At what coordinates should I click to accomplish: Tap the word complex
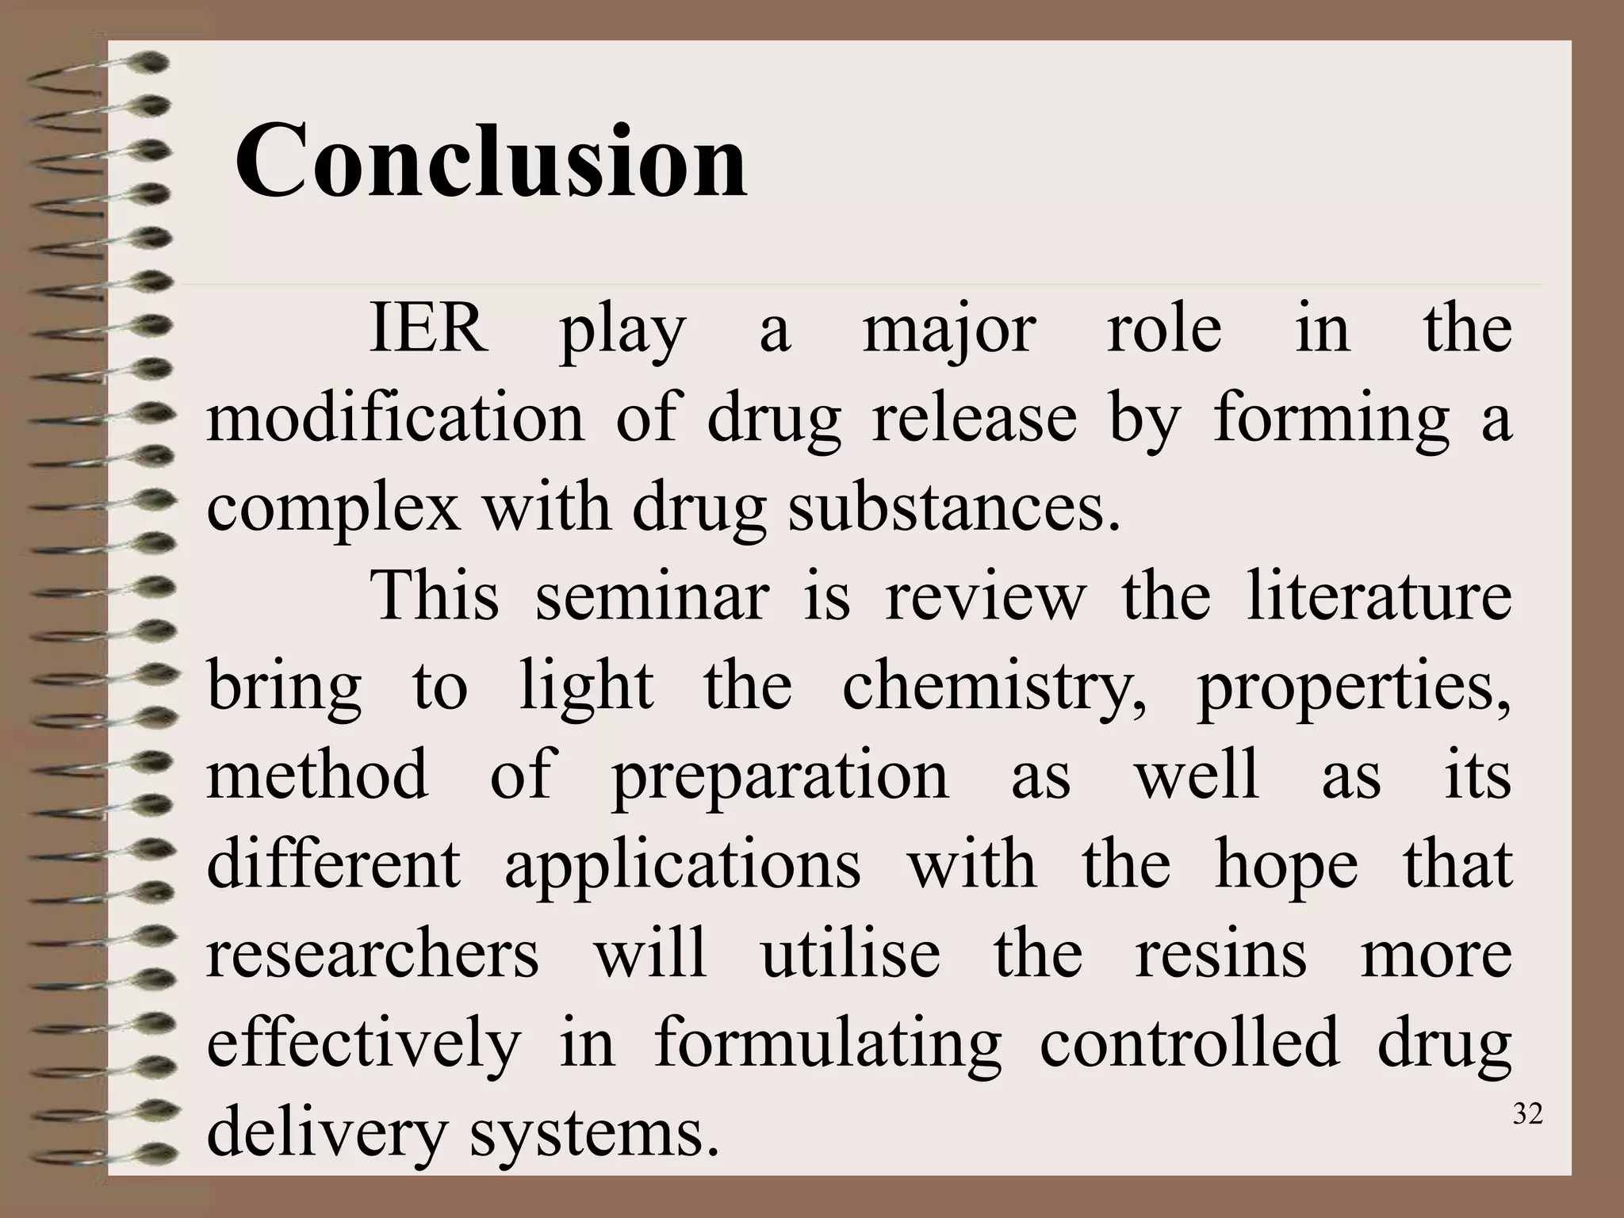click(333, 510)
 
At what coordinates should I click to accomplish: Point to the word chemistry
click(994, 687)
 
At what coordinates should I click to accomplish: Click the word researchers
click(373, 953)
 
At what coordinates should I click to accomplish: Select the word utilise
click(850, 953)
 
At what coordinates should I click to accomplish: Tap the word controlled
click(1189, 1043)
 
